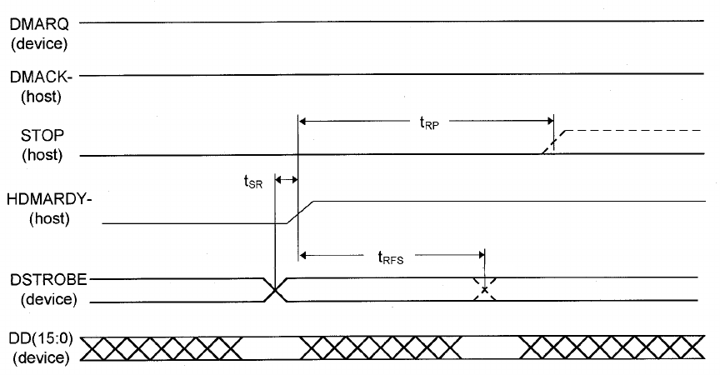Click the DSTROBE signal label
[x=38, y=280]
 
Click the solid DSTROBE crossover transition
[x=275, y=290]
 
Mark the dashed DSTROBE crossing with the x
[x=484, y=290]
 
